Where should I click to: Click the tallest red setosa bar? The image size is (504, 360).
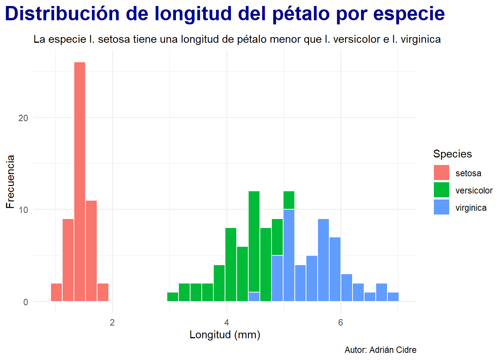[79, 181]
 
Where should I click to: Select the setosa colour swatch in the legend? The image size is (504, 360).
[441, 173]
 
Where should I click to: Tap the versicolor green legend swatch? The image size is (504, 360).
[441, 190]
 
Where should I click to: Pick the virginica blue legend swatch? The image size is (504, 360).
[441, 207]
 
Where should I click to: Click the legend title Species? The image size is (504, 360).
[452, 154]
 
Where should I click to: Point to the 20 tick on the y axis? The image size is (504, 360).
[23, 118]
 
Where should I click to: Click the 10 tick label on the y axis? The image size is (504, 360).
[23, 210]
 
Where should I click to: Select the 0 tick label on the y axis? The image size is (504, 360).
[25, 302]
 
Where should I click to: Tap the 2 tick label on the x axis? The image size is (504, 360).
[112, 323]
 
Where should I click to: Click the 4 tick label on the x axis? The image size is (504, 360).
[226, 323]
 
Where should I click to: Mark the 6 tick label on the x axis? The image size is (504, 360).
[340, 323]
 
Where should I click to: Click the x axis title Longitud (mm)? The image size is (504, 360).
[225, 334]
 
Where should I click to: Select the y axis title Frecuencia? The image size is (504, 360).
[10, 181]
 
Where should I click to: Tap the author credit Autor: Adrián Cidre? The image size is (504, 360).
[380, 350]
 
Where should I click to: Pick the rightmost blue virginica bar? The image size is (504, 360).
[393, 297]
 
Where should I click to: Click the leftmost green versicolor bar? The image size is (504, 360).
[172, 297]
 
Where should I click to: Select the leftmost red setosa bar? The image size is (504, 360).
[56, 292]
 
